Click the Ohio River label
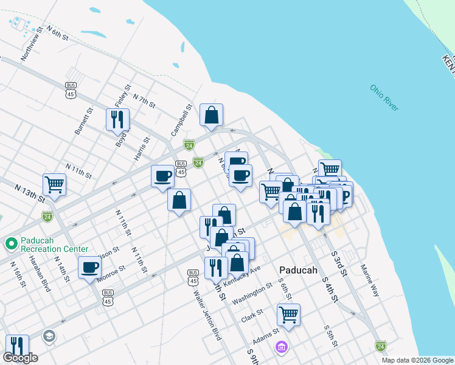(x=384, y=97)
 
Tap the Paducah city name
(x=299, y=270)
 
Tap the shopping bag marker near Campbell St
(x=211, y=114)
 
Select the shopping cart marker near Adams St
(x=288, y=315)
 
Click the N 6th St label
(x=58, y=35)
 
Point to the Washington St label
(x=252, y=293)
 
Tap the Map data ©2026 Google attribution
(x=417, y=360)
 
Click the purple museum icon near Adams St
(x=282, y=347)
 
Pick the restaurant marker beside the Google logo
(x=16, y=345)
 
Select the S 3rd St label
(x=339, y=263)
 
